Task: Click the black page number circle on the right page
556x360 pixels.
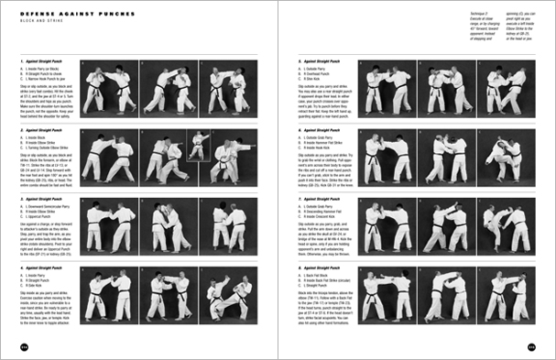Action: (x=543, y=346)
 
